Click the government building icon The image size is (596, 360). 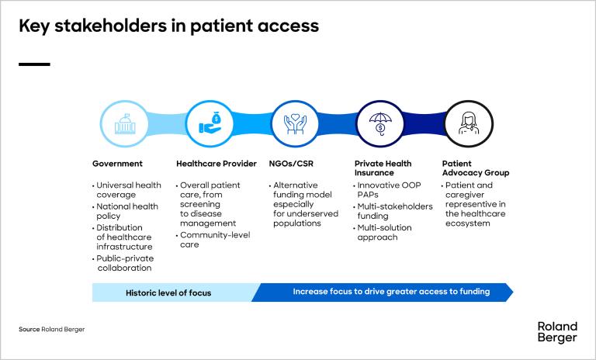point(124,124)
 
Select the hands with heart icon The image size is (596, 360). point(294,124)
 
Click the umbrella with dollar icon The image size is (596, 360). point(379,124)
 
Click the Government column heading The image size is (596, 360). point(117,164)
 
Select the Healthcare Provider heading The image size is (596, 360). point(216,164)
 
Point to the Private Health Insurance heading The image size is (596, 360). point(383,168)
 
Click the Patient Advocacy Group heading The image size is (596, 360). point(475,168)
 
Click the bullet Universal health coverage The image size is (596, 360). point(129,190)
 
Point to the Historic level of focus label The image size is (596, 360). point(168,292)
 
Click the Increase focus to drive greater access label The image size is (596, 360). point(391,292)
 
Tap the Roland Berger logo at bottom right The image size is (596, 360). point(557,332)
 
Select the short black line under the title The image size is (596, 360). point(34,64)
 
